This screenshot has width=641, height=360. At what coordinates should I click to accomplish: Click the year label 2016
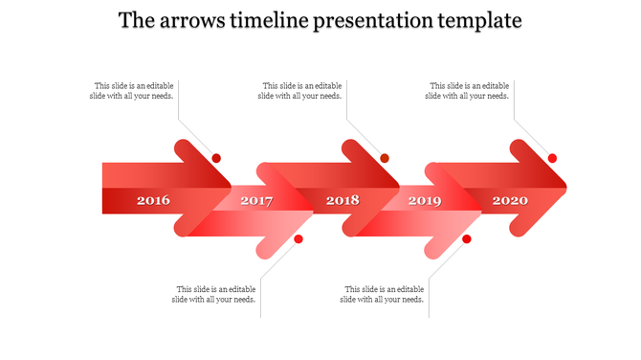153,201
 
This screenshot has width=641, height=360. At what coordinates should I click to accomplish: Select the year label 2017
256,201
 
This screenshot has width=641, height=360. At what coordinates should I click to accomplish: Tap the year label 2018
343,201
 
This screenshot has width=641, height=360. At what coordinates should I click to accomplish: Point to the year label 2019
425,201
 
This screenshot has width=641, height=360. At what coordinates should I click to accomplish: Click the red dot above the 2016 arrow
216,158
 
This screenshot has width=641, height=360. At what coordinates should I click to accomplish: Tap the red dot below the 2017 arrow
298,238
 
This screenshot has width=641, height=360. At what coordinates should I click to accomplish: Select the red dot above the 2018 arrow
385,158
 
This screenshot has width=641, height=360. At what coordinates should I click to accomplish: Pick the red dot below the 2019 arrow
467,238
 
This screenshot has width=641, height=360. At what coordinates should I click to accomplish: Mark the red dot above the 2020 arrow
552,158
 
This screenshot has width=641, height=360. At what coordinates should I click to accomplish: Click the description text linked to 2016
133,91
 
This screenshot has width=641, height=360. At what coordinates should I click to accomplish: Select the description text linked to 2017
215,294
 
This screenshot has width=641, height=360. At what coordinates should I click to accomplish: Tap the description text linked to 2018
301,91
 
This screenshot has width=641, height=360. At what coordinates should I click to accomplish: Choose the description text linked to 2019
384,294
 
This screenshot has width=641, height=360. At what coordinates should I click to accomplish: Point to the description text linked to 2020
469,91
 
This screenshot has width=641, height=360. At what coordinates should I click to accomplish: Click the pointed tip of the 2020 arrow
565,187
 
